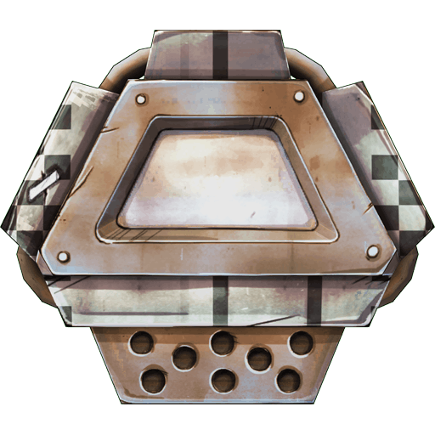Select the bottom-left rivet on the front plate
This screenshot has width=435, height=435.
pyautogui.click(x=60, y=255)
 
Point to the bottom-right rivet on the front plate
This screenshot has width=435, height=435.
pyautogui.click(x=373, y=251)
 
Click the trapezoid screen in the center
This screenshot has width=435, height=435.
pyautogui.click(x=217, y=174)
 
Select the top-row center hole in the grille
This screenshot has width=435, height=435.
pyautogui.click(x=223, y=342)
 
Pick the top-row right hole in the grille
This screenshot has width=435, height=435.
pyautogui.click(x=300, y=342)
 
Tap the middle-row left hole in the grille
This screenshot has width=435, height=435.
pyautogui.click(x=184, y=359)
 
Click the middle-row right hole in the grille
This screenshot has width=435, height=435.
pyautogui.click(x=259, y=359)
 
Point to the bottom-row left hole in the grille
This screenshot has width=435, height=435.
pyautogui.click(x=155, y=379)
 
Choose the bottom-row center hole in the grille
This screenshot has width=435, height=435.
pyautogui.click(x=222, y=380)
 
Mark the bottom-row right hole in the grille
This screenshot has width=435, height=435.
pyautogui.click(x=288, y=380)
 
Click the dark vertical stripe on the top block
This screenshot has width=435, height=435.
pyautogui.click(x=220, y=54)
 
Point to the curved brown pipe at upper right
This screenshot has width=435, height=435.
pyautogui.click(x=311, y=68)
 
